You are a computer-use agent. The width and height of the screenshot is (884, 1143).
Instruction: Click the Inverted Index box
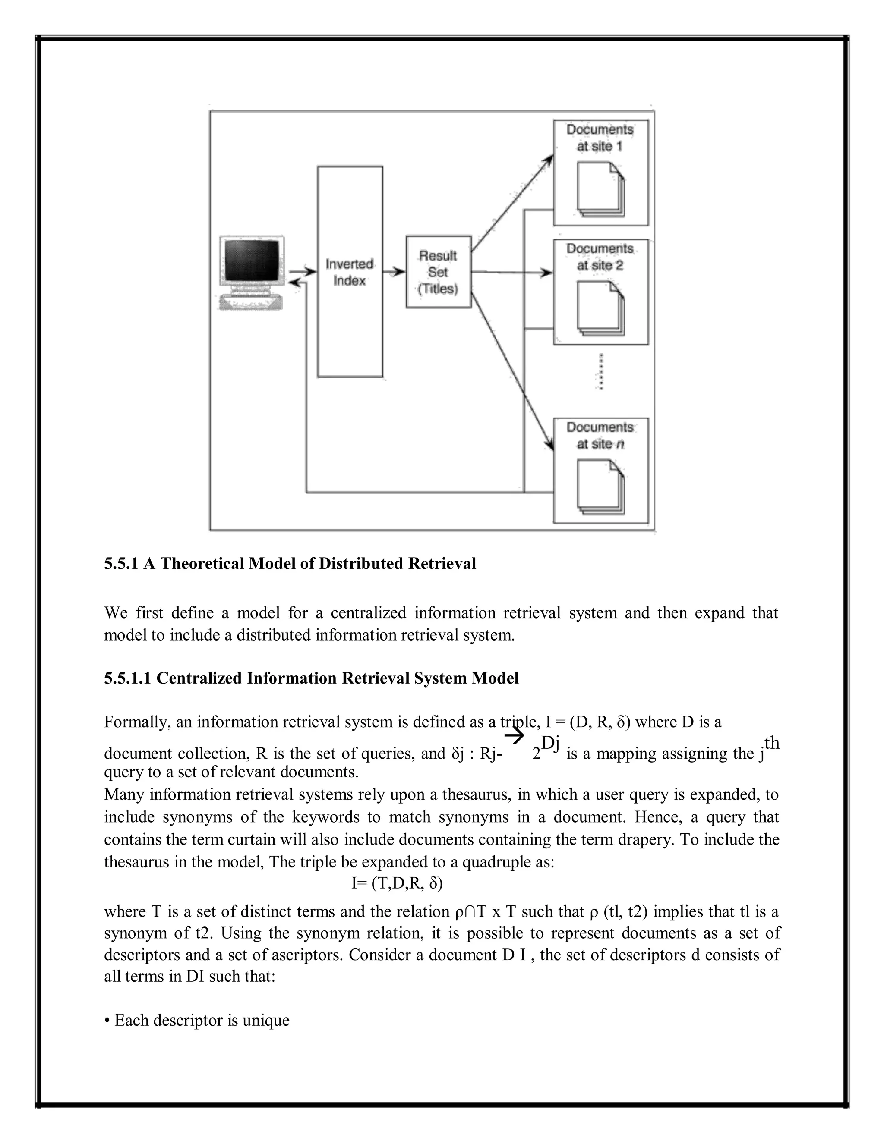(350, 272)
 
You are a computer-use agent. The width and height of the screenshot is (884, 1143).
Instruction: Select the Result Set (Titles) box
(439, 272)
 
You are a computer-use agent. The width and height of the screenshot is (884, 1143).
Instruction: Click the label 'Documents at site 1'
(600, 138)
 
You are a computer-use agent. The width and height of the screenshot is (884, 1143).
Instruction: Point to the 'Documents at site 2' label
(600, 257)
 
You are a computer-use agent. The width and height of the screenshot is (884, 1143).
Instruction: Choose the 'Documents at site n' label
(600, 436)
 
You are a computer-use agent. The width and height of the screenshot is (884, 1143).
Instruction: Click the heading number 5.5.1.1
(127, 678)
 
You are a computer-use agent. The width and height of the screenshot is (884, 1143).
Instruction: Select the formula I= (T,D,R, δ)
(397, 884)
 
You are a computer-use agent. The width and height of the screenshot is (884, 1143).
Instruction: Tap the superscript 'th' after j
(771, 743)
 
